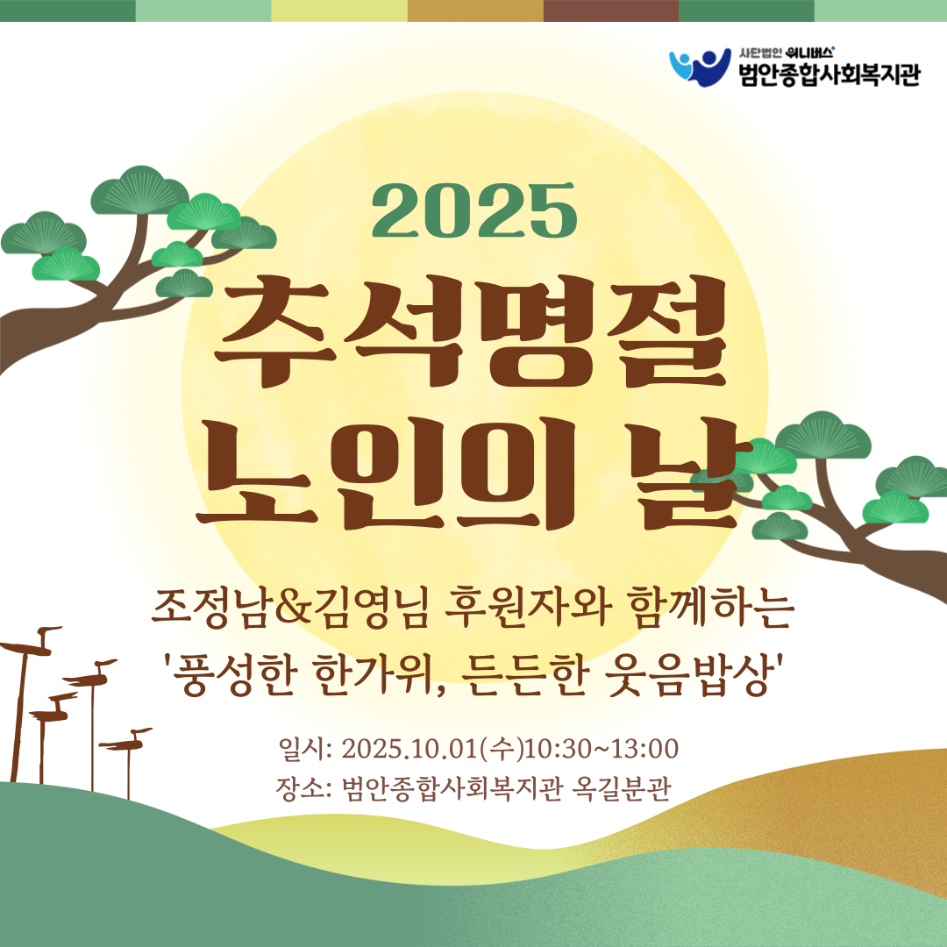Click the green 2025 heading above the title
(x=474, y=210)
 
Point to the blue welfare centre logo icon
(x=700, y=66)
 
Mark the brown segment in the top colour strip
(x=610, y=11)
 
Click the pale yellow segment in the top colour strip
(x=339, y=11)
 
